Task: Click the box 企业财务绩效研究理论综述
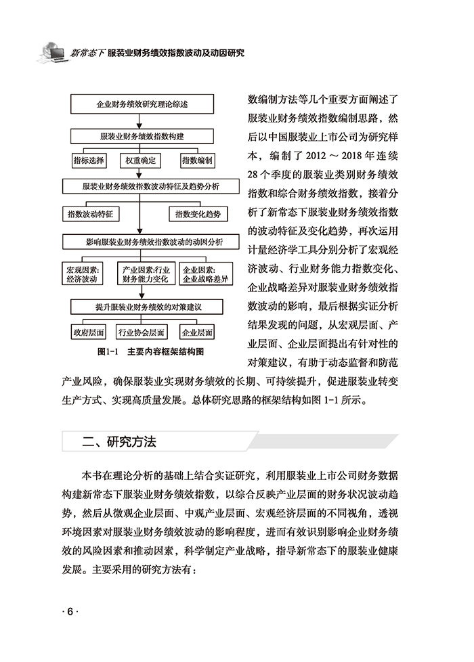point(142,106)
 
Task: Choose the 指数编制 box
point(196,160)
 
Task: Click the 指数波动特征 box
point(90,213)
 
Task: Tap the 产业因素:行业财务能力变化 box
point(144,273)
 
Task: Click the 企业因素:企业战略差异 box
point(204,273)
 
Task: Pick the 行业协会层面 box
point(142,332)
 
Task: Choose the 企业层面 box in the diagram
point(196,332)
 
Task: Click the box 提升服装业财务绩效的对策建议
point(142,307)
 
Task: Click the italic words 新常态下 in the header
point(87,52)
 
